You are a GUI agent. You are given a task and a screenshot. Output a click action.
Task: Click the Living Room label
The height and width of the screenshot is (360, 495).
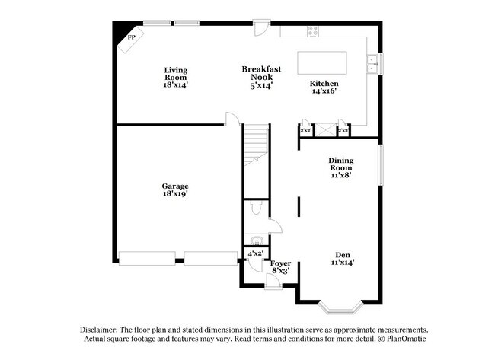tap(175, 78)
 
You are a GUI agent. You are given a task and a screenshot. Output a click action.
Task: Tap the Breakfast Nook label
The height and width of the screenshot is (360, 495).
tap(261, 77)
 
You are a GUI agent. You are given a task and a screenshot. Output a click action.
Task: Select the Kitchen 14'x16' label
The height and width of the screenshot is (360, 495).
tap(324, 87)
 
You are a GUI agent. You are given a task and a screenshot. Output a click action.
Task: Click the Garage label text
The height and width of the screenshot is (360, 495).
tap(175, 190)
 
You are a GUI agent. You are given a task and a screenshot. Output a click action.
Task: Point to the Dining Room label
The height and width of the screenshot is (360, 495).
tap(340, 167)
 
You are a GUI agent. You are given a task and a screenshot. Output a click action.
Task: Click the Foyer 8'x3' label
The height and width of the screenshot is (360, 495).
tap(281, 266)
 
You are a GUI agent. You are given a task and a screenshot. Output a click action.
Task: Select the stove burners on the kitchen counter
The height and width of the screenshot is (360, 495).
tap(311, 31)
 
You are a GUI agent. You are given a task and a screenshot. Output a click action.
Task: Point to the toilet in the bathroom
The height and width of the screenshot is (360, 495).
tap(257, 207)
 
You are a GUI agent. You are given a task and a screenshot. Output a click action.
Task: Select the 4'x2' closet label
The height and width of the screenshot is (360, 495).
tap(255, 253)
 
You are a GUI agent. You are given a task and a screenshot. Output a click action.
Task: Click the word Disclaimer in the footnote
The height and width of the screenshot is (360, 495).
tap(101, 329)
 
